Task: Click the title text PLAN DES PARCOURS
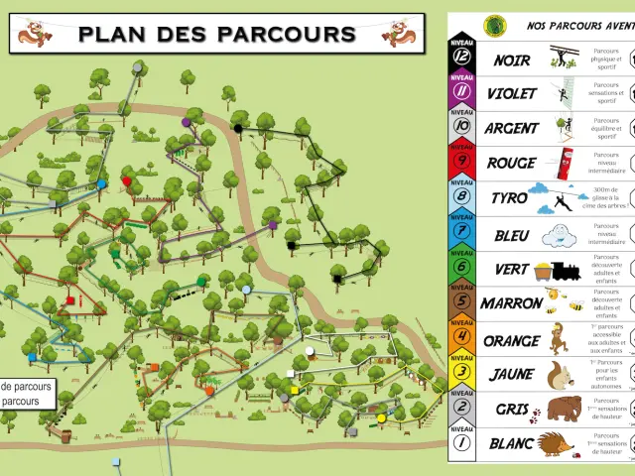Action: coord(216,34)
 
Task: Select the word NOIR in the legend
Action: coord(511,60)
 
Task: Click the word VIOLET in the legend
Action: coord(511,94)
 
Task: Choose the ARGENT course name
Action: coord(511,129)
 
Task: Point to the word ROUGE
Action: coord(511,163)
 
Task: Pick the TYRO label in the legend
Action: coord(509,198)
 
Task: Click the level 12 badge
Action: coord(462,59)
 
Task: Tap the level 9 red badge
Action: coord(462,162)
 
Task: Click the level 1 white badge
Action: coord(462,443)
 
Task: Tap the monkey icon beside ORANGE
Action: coord(559,337)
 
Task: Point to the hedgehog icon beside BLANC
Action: coord(556,443)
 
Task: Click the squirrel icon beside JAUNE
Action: coord(561,374)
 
